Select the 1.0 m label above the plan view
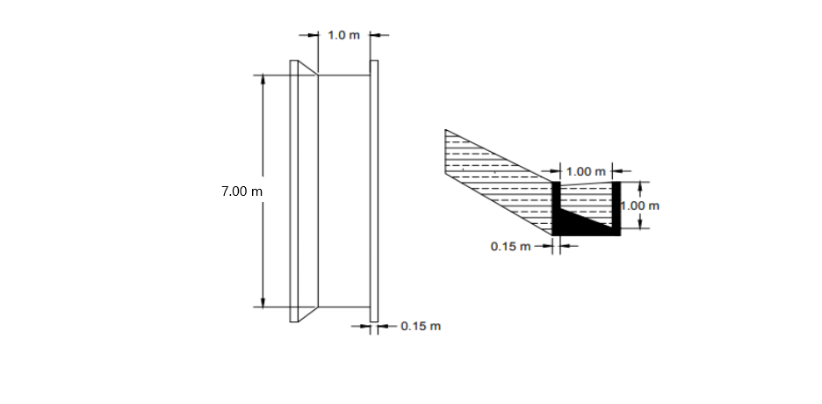click(x=342, y=35)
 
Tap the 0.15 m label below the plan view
click(x=421, y=327)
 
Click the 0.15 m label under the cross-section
click(x=510, y=247)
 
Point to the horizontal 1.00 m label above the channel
click(x=586, y=170)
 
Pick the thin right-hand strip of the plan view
click(x=374, y=191)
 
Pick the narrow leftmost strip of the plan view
click(x=294, y=191)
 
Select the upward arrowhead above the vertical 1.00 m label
click(x=640, y=186)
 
